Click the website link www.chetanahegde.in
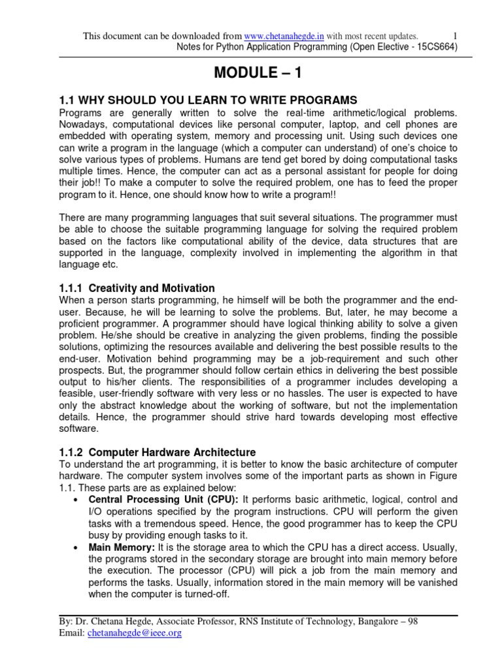[x=284, y=36]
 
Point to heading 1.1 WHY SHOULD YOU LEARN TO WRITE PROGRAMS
[x=209, y=100]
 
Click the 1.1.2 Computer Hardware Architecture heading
[x=158, y=452]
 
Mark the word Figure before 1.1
[x=441, y=476]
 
